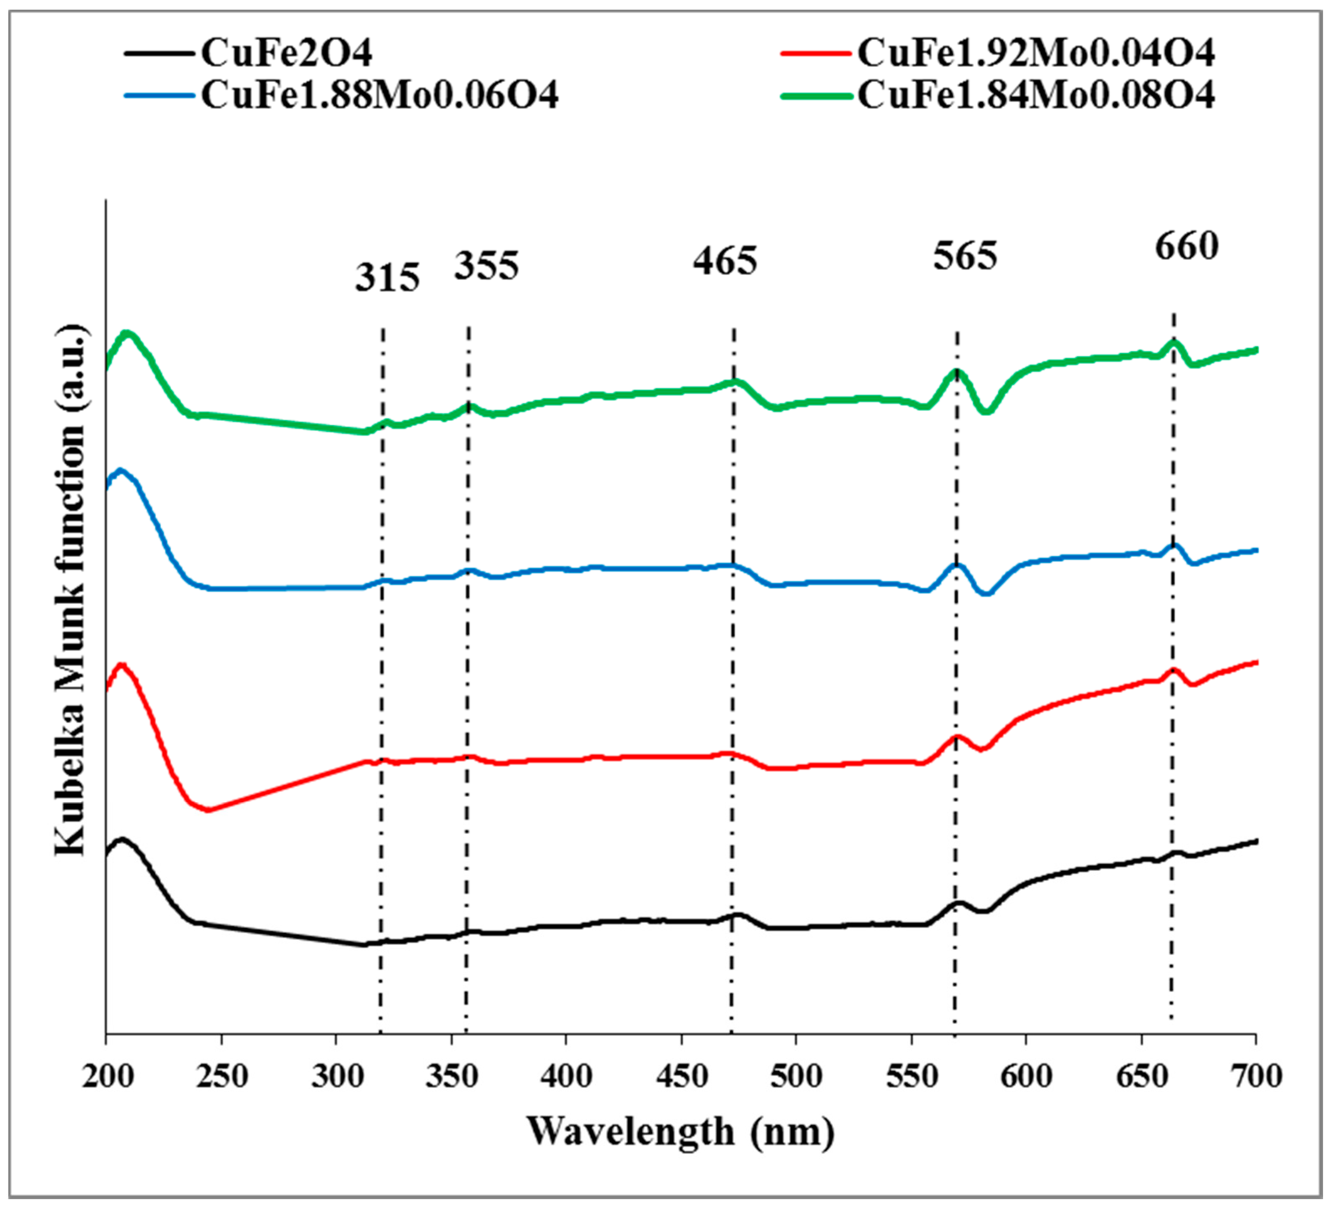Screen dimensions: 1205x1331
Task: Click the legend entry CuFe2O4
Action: coord(286,53)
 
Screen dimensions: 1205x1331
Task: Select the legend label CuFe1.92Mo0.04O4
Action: coord(1035,53)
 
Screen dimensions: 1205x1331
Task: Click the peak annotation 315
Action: coord(387,277)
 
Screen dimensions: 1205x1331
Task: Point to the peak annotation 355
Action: coord(486,266)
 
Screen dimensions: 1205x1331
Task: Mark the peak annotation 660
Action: coord(1187,247)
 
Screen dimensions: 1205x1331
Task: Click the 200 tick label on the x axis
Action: coord(107,1076)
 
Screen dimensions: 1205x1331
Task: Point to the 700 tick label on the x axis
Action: coord(1256,1076)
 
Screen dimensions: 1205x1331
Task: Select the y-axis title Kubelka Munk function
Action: coord(70,591)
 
